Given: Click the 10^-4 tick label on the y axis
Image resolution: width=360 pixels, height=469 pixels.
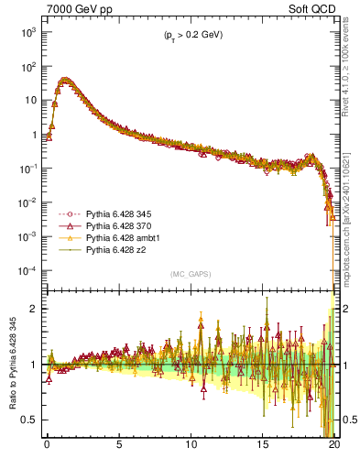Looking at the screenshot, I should point(27,271).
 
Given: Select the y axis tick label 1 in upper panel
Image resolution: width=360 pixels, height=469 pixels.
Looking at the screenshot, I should point(35,135).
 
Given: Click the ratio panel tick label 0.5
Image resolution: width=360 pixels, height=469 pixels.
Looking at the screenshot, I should point(30,420).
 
